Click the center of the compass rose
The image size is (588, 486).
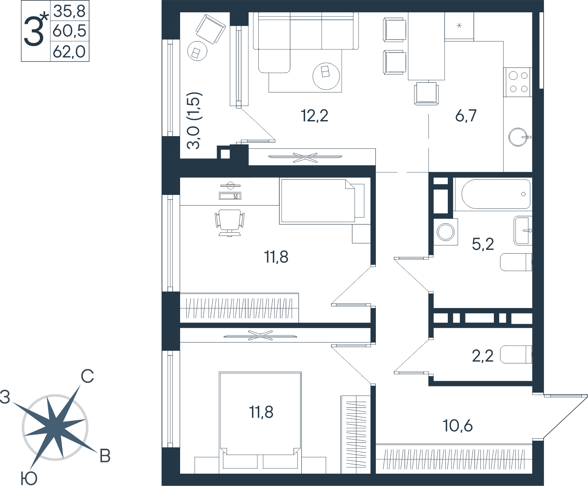[55, 427]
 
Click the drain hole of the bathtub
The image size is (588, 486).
[523, 194]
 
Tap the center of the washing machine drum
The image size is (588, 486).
[445, 232]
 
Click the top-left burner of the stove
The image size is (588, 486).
[514, 76]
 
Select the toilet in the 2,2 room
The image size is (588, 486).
[516, 354]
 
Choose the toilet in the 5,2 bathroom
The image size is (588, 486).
[516, 262]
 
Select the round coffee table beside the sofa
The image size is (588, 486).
[326, 76]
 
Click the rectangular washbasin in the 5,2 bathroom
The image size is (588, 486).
[523, 231]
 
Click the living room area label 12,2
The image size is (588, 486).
[315, 116]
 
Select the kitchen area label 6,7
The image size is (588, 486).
[466, 116]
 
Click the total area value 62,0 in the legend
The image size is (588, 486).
[69, 52]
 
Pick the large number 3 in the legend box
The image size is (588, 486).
[33, 31]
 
